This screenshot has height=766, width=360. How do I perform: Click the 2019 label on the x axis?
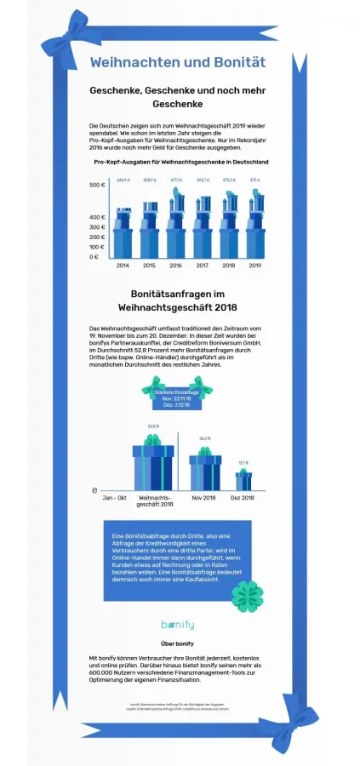[x=254, y=267]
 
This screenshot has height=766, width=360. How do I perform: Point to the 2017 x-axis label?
[x=203, y=267]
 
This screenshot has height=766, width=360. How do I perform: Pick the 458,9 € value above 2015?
[x=150, y=180]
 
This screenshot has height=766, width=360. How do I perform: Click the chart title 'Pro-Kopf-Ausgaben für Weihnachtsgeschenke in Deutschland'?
[x=181, y=161]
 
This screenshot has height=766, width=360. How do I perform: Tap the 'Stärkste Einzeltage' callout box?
[x=177, y=397]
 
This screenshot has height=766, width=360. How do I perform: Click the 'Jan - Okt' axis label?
[x=114, y=497]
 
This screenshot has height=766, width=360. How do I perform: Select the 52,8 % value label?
[x=153, y=426]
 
